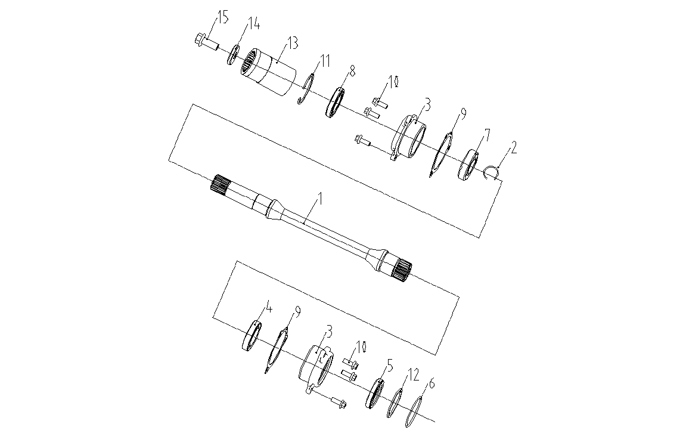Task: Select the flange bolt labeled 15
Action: coord(206,41)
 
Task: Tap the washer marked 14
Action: coord(233,55)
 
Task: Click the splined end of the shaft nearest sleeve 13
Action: coord(219,184)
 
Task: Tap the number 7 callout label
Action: coord(486,135)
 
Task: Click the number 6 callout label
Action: coord(432,385)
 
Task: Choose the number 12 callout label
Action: coord(413,375)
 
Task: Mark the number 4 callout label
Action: coord(269,308)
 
